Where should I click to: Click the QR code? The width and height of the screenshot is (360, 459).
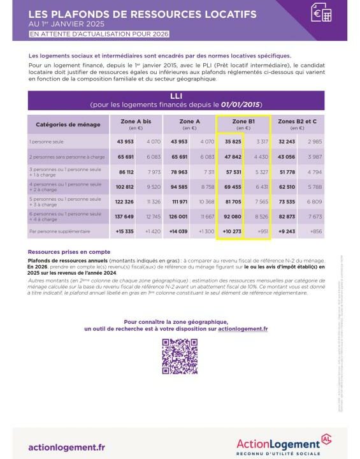[x=180, y=356]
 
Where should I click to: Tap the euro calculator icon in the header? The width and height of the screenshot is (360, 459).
[x=321, y=13]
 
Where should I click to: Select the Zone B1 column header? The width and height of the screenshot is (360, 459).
[x=243, y=123]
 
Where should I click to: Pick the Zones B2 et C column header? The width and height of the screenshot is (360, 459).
[x=298, y=123]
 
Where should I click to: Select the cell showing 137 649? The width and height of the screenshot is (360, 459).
[x=124, y=217]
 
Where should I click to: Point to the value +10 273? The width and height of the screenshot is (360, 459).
[x=232, y=232]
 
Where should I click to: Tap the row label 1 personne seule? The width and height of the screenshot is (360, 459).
[x=46, y=142]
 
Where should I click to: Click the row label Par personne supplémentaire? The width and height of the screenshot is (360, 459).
[x=59, y=232]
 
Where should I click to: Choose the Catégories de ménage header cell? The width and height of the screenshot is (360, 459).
[x=64, y=124]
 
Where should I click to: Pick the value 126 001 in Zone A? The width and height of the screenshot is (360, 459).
[x=179, y=217]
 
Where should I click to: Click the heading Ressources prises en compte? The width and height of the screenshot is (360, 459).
[x=69, y=252]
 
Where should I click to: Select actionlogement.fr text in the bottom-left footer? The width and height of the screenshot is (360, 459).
[x=67, y=447]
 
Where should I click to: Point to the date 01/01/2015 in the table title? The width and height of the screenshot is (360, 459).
[x=240, y=103]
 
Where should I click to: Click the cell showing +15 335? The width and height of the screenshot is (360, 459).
[x=124, y=232]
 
